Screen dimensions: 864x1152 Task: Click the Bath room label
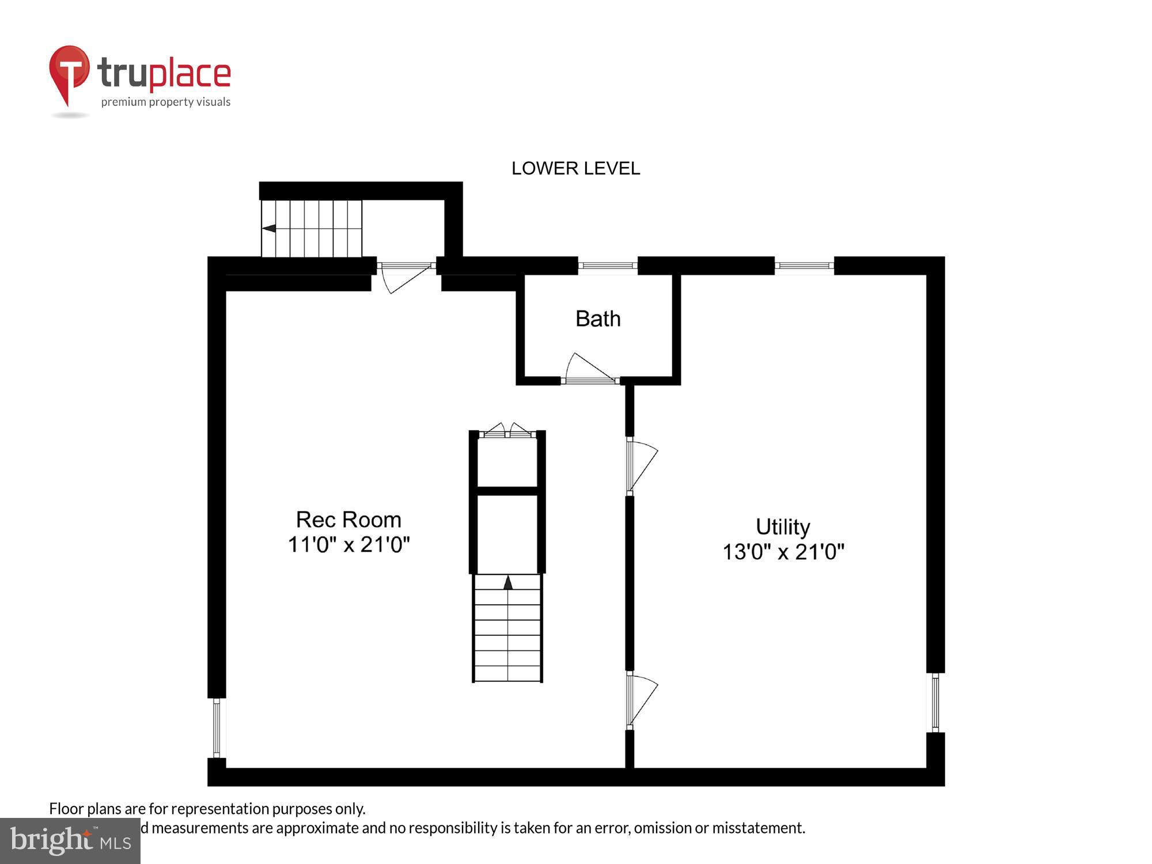tap(598, 319)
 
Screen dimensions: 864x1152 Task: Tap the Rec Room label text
tap(348, 520)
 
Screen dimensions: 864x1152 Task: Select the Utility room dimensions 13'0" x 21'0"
tap(783, 552)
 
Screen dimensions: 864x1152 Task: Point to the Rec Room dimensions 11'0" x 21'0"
tap(348, 544)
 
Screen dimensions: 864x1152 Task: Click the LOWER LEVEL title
tap(575, 168)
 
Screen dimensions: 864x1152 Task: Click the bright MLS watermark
tap(70, 840)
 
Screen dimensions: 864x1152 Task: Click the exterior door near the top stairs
tap(406, 274)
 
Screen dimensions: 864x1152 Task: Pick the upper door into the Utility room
tap(641, 465)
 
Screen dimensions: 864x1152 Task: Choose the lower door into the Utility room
tap(641, 700)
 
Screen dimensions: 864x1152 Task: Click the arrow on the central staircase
tap(507, 582)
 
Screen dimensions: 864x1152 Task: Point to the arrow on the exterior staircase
tap(269, 229)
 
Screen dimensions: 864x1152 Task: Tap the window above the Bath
tap(608, 266)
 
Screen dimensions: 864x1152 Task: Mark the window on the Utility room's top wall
tap(804, 266)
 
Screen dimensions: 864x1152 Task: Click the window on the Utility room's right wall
tap(935, 703)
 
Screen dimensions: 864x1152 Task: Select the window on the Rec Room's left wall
tap(217, 727)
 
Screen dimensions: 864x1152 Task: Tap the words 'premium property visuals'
tap(166, 102)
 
